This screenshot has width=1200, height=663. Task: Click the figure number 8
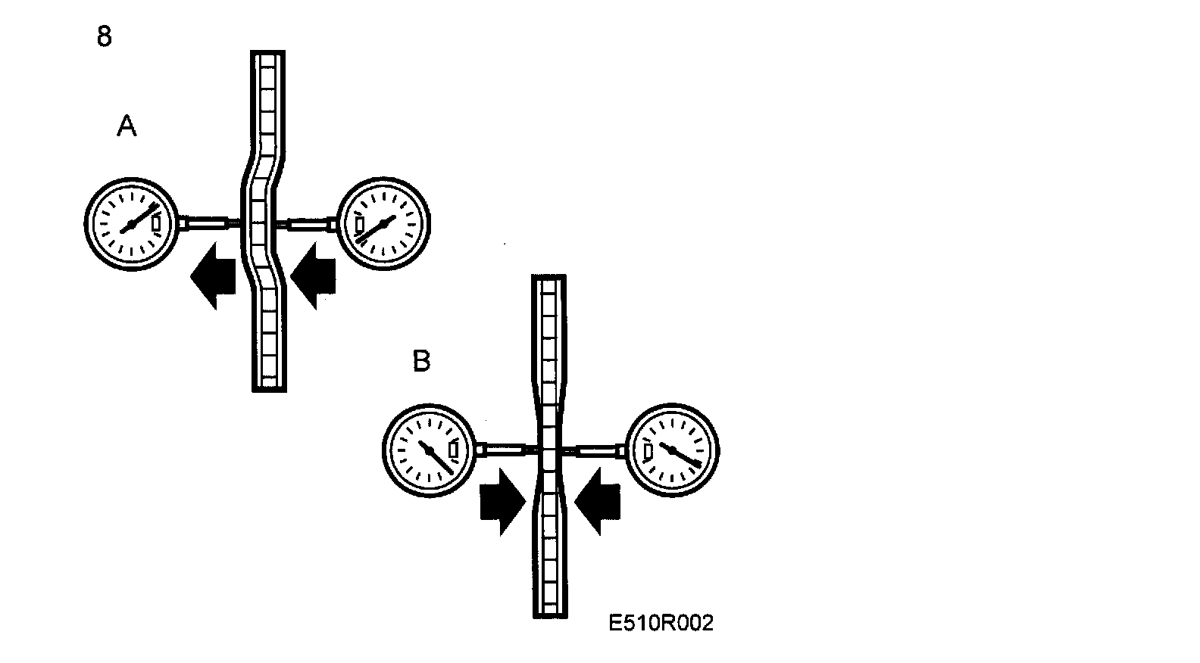point(105,36)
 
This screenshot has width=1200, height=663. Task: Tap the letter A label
point(127,126)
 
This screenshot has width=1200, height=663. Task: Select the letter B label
point(421,361)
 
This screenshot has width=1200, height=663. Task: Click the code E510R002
point(661,623)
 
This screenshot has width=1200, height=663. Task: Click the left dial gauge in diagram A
point(131,223)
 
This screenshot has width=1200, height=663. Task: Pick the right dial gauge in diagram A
point(382,223)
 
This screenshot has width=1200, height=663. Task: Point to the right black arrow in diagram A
point(313,275)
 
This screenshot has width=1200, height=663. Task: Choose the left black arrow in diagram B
point(502,502)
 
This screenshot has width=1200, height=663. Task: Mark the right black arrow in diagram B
point(598,502)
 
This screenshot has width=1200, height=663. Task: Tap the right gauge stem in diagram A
point(308,224)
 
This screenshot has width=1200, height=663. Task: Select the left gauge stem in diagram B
point(507,450)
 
